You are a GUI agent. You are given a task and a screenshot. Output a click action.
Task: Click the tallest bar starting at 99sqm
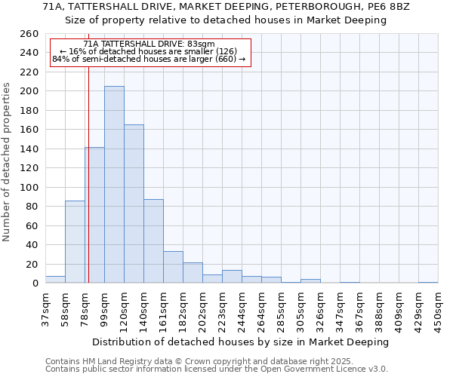pyautogui.click(x=114, y=185)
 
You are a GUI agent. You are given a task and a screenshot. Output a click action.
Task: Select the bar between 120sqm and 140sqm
pyautogui.click(x=134, y=204)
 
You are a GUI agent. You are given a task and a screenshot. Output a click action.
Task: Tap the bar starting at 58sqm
pyautogui.click(x=75, y=241)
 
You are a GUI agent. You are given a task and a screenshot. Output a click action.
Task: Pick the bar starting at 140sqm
pyautogui.click(x=153, y=241)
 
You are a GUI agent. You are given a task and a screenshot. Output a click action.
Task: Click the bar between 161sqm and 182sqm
pyautogui.click(x=173, y=268)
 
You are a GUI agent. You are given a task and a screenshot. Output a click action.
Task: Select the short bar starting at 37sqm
pyautogui.click(x=55, y=280)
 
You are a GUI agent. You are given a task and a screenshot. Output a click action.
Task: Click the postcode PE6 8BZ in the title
pyautogui.click(x=388, y=6)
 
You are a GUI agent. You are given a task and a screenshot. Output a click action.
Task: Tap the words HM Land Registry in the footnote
pyautogui.click(x=107, y=361)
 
